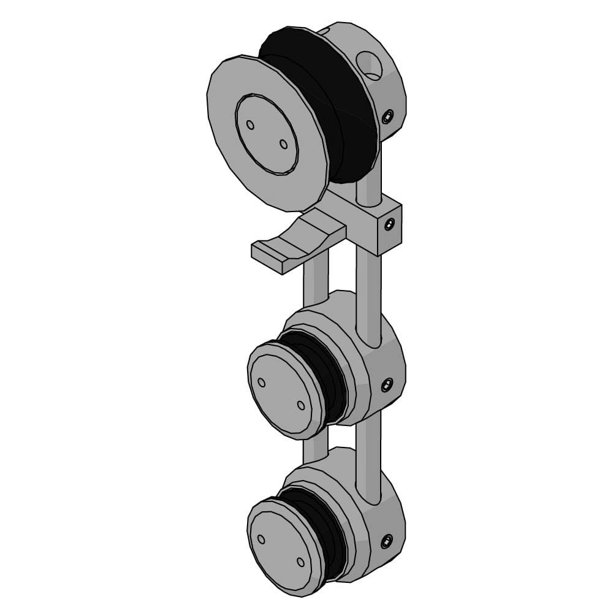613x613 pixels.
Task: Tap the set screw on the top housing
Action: [387, 116]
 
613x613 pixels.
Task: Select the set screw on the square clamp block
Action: [389, 226]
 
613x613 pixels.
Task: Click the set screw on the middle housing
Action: [387, 385]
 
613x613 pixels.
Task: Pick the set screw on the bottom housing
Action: [387, 541]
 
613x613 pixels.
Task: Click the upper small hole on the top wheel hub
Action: [250, 124]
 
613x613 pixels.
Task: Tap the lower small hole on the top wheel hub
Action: [283, 144]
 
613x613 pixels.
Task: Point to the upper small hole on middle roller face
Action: [262, 382]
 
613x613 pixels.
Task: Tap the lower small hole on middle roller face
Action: [301, 405]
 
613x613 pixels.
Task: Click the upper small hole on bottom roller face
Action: [262, 539]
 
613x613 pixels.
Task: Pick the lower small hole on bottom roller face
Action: [300, 562]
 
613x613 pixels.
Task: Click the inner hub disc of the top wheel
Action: [267, 134]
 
